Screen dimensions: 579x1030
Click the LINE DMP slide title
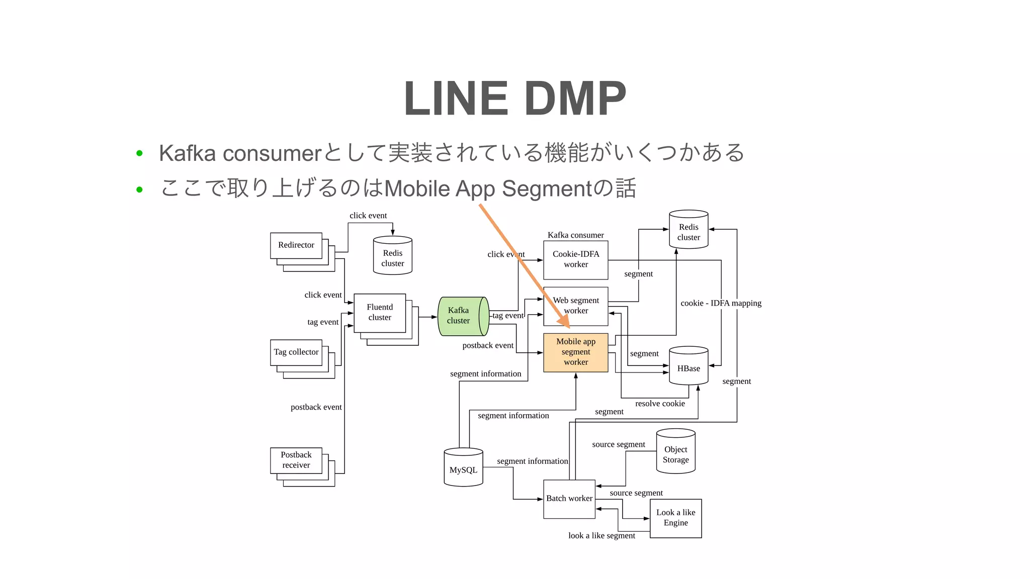[514, 99]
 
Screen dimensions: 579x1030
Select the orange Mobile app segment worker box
[575, 352]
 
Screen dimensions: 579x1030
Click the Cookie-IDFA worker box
[575, 260]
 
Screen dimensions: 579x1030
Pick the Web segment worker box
[575, 306]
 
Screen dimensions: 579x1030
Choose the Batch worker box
[569, 499]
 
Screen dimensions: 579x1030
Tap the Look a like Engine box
[675, 518]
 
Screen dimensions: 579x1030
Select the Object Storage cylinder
[675, 452]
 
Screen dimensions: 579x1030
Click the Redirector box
[296, 245]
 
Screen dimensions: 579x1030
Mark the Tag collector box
[296, 352]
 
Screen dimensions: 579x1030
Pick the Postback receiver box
[296, 460]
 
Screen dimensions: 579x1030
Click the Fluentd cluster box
[379, 313]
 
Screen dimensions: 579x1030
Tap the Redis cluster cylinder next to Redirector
[392, 256]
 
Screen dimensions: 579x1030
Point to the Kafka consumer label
[575, 235]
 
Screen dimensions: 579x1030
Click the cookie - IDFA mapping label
[720, 303]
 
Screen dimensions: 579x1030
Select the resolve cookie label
[659, 404]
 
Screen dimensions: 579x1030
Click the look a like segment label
[601, 536]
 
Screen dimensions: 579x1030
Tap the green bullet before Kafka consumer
[140, 153]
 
